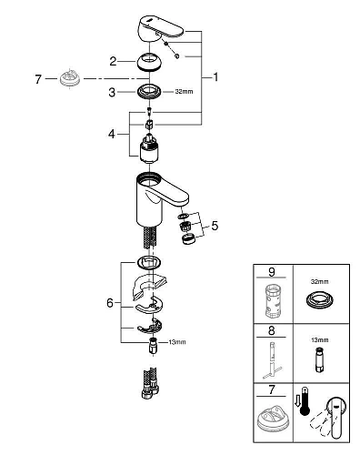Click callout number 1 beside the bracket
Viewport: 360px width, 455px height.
point(217,77)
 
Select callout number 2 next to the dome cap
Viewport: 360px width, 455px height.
point(112,61)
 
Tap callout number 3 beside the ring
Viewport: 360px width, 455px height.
point(112,92)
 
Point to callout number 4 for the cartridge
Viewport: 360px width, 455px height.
point(112,133)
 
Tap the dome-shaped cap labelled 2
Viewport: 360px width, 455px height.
point(150,62)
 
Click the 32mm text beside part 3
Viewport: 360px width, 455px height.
point(185,92)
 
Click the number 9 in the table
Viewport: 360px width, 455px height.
point(271,272)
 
